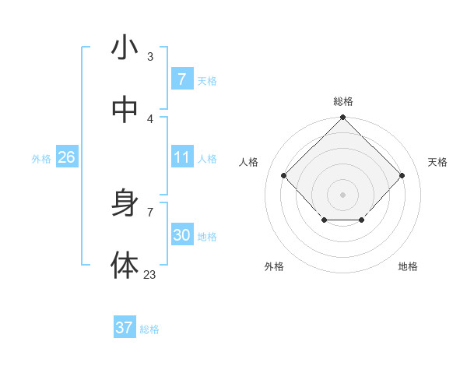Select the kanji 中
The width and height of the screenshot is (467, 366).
125,110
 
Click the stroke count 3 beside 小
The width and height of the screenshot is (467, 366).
150,57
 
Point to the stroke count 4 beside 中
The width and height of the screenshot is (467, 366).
150,118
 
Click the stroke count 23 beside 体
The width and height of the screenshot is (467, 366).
149,274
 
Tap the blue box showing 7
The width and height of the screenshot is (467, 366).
181,79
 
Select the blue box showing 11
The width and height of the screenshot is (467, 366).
181,157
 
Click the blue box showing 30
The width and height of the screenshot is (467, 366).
181,235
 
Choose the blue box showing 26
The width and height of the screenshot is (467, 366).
66,157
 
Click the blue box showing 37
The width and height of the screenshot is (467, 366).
125,328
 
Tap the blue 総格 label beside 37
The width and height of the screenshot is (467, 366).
149,329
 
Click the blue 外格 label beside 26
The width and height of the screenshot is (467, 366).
41,159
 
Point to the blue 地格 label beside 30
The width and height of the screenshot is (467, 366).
207,237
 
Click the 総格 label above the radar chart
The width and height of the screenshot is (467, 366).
343,101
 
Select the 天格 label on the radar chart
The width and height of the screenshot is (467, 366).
437,162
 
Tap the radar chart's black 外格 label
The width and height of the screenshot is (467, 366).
274,266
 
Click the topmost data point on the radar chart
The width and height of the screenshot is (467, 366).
342,118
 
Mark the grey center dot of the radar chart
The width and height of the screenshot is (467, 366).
342,194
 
